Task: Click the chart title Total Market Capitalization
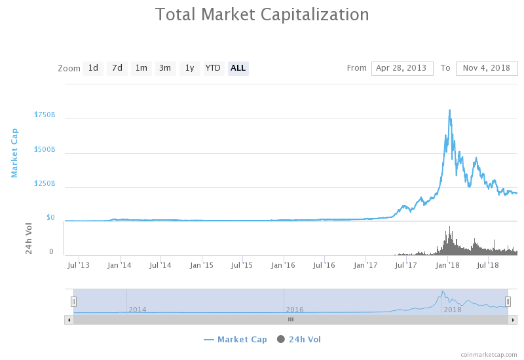262,14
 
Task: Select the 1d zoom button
93,68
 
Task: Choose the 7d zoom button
117,68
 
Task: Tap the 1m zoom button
141,68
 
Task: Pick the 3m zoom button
165,68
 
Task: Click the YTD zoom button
213,68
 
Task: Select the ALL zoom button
238,68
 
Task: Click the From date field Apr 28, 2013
402,68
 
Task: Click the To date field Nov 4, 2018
487,68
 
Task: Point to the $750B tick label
45,115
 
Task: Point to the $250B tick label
45,184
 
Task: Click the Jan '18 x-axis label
448,265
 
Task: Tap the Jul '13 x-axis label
79,265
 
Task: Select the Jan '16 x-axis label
283,265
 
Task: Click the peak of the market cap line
449,110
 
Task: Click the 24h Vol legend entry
299,339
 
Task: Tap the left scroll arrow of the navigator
69,319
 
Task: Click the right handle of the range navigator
508,301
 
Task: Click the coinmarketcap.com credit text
489,354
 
